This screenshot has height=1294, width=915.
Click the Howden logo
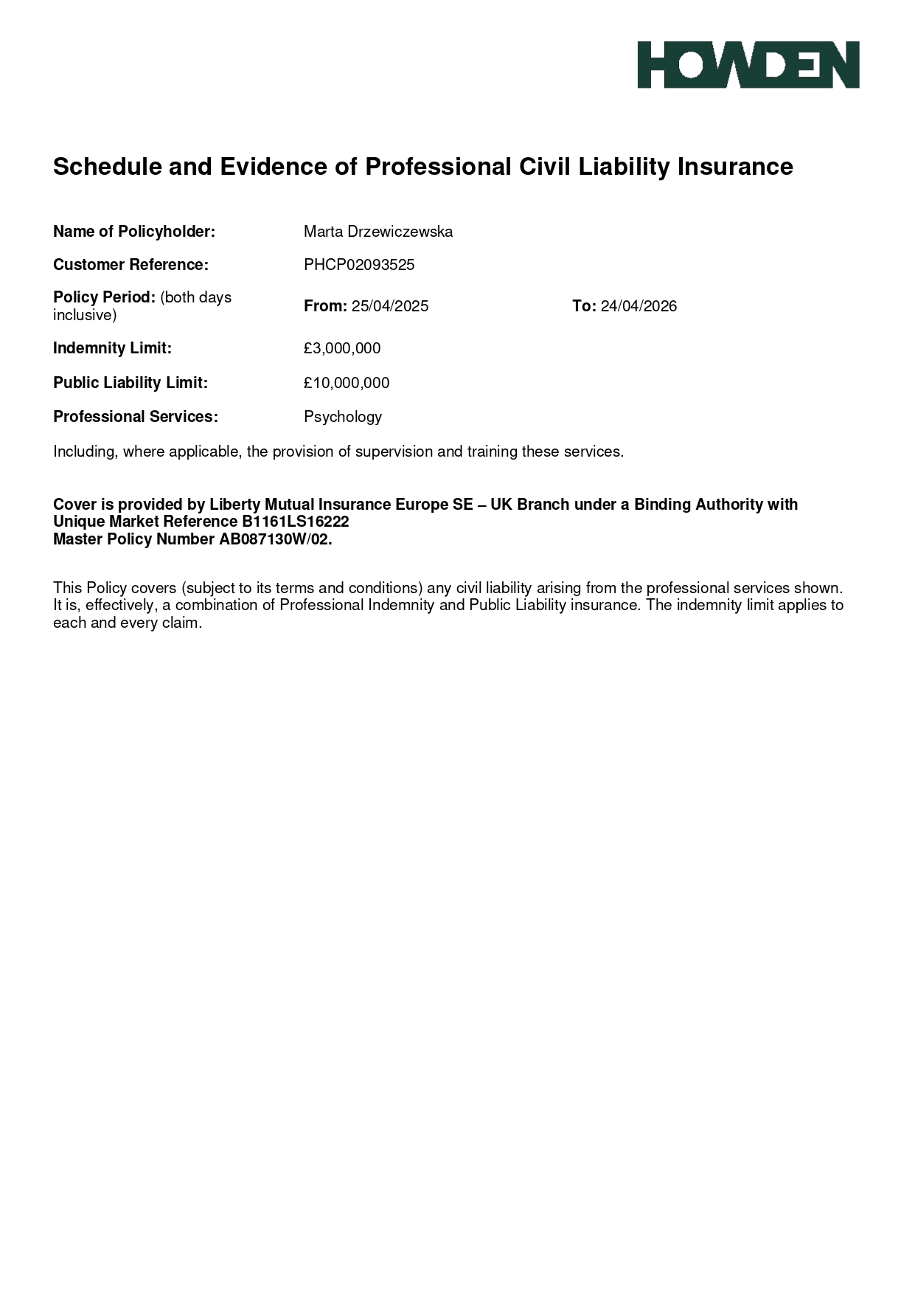tap(748, 65)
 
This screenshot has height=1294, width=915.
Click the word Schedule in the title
tap(108, 167)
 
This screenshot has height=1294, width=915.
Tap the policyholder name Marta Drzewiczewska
tap(378, 232)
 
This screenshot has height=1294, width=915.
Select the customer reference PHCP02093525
tap(359, 265)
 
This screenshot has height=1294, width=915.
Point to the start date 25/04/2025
tap(390, 306)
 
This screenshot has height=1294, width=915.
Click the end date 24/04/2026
tap(639, 306)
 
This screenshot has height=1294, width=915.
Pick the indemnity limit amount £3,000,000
tap(342, 348)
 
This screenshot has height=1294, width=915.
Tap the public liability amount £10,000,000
tap(347, 383)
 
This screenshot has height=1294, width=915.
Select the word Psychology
tap(343, 417)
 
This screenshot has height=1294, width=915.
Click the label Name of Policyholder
tap(134, 232)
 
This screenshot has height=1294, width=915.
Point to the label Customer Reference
tap(131, 265)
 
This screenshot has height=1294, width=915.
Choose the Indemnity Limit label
tap(112, 348)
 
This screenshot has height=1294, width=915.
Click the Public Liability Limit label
tap(131, 383)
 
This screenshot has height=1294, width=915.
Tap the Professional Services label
tap(136, 417)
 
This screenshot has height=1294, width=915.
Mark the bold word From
tap(325, 306)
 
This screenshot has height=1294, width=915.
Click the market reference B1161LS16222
tap(295, 522)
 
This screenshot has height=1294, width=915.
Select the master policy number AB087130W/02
tap(275, 539)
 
